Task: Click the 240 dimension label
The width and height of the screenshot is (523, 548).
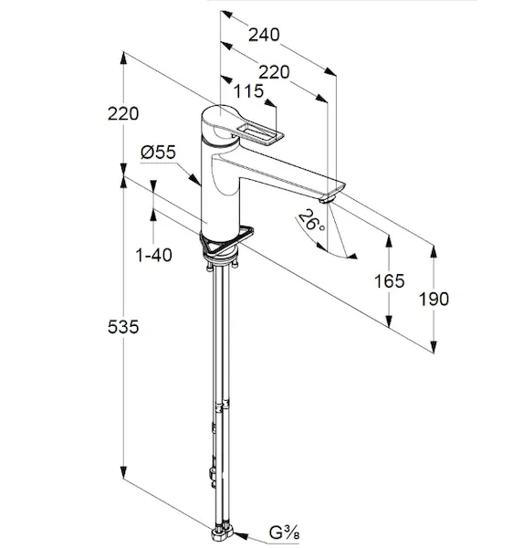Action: (264, 35)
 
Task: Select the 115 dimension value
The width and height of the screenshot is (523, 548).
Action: (248, 91)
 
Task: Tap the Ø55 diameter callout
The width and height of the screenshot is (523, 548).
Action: (158, 153)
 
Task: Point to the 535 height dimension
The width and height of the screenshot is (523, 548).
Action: (123, 327)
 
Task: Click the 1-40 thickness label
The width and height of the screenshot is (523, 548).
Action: (153, 255)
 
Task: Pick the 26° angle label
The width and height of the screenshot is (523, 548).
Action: (310, 221)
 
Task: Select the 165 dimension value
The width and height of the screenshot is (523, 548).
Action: (389, 281)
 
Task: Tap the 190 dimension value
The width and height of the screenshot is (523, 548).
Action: (434, 300)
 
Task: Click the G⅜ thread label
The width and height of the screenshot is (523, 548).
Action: (285, 533)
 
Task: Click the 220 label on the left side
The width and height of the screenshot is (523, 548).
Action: (123, 114)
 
